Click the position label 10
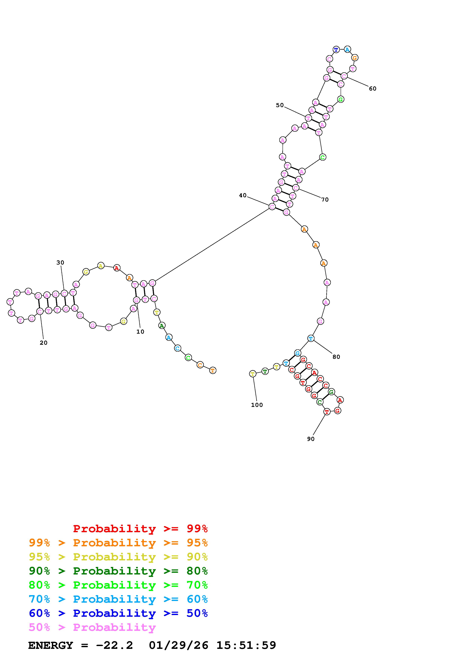(140, 332)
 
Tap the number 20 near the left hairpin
(44, 343)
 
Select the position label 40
(243, 195)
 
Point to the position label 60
(373, 89)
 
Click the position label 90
(311, 439)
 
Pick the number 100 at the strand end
(257, 405)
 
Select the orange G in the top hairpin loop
(355, 58)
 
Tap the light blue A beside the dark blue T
(347, 49)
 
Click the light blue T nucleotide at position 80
(311, 338)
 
